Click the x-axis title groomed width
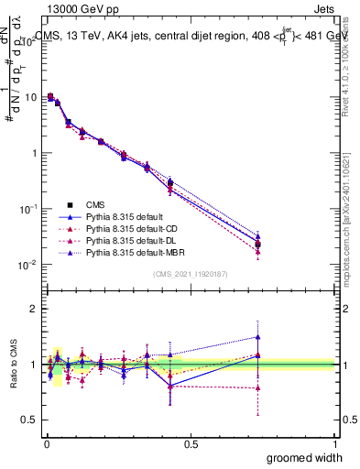click(304, 457)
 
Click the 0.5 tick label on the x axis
click(191, 443)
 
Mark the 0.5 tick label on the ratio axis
click(29, 420)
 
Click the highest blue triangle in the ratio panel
click(257, 336)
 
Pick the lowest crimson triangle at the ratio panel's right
click(257, 387)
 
